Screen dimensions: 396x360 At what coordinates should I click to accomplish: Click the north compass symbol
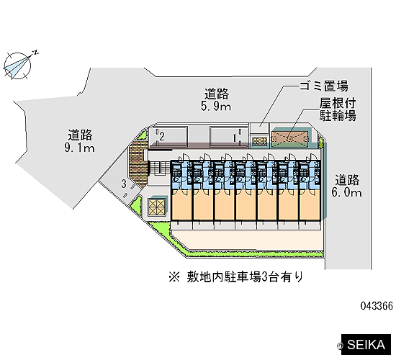point(18,66)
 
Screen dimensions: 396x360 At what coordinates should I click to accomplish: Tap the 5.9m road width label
point(216,107)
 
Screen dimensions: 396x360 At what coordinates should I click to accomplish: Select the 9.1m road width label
point(79,148)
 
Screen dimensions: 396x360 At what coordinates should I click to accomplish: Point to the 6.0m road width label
point(346,192)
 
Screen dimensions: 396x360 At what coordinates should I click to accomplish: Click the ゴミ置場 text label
point(324,86)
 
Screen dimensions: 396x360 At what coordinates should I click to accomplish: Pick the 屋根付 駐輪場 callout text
point(338,109)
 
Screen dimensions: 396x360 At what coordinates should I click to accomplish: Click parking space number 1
point(235,138)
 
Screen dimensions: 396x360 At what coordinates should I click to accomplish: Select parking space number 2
point(162,136)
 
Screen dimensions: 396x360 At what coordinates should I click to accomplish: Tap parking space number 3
point(124,184)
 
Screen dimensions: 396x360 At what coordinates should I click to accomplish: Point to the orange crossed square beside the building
point(156,207)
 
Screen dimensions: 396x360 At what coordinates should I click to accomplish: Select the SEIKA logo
point(366,345)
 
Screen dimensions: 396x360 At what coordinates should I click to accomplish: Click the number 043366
point(377,306)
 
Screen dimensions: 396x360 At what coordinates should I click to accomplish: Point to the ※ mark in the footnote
point(174,277)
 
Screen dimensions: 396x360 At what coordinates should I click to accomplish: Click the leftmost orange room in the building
point(181,204)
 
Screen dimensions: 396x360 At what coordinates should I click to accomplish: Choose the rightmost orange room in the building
point(309,204)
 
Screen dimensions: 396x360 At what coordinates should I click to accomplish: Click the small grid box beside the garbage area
point(259,141)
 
